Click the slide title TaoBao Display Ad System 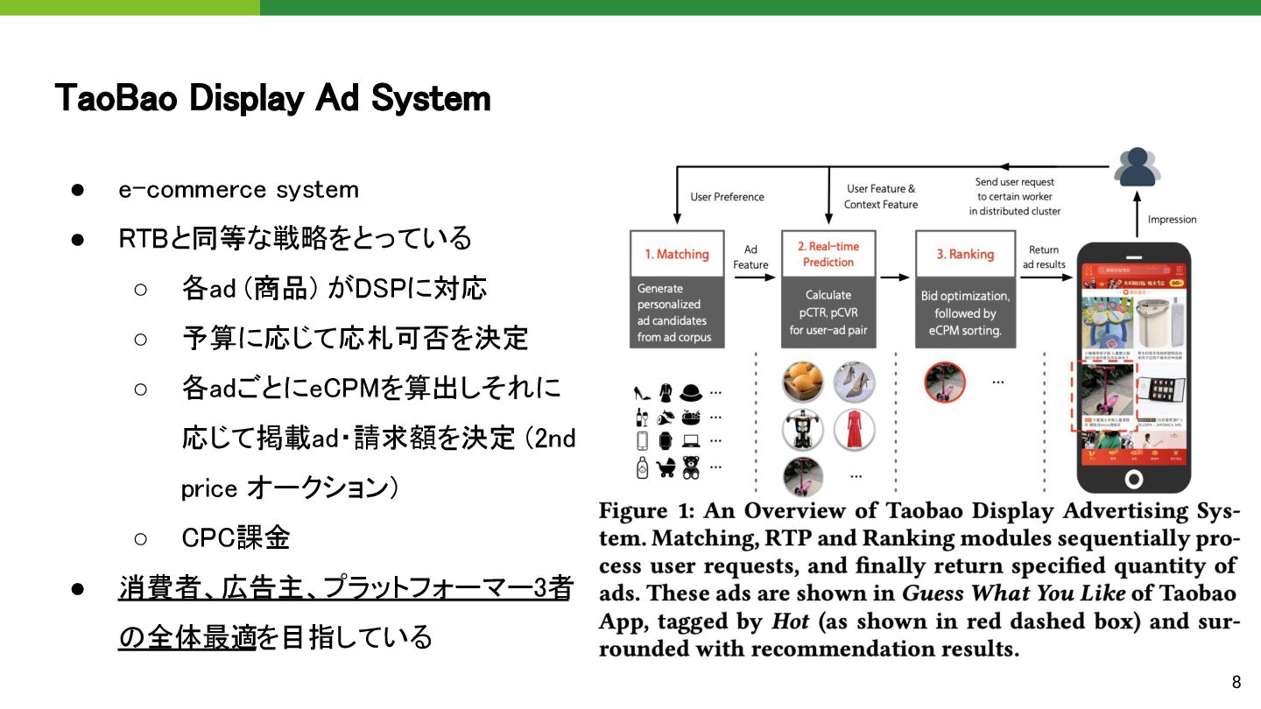tap(272, 98)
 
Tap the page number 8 tap(1236, 683)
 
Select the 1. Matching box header tap(677, 254)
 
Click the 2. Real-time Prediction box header tap(828, 254)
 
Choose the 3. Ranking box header tap(965, 254)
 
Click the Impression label tap(1172, 219)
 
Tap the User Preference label tap(727, 197)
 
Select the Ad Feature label tap(750, 257)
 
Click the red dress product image tap(854, 430)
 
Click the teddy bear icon tap(691, 467)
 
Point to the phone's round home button tap(1134, 479)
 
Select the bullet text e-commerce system tap(239, 190)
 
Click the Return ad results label tap(1044, 257)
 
